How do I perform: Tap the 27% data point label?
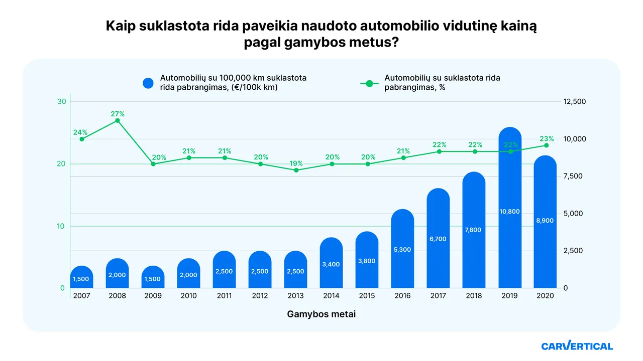pos(118,114)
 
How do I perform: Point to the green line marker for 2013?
pos(296,170)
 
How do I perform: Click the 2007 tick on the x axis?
pos(81,296)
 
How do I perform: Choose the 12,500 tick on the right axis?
pos(575,102)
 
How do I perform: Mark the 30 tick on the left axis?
pos(62,102)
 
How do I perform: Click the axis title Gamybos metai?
pos(321,314)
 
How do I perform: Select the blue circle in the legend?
pos(148,83)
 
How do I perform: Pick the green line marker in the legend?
pos(370,83)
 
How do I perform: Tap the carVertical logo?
pos(577,346)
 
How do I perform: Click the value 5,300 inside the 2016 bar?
pos(402,250)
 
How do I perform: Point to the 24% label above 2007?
pos(80,132)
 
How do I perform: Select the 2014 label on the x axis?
pos(331,296)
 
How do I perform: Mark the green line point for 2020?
pos(546,145)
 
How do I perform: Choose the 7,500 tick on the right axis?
pos(575,176)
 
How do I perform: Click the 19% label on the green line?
pos(296,163)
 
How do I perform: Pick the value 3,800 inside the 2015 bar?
pos(367,261)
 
